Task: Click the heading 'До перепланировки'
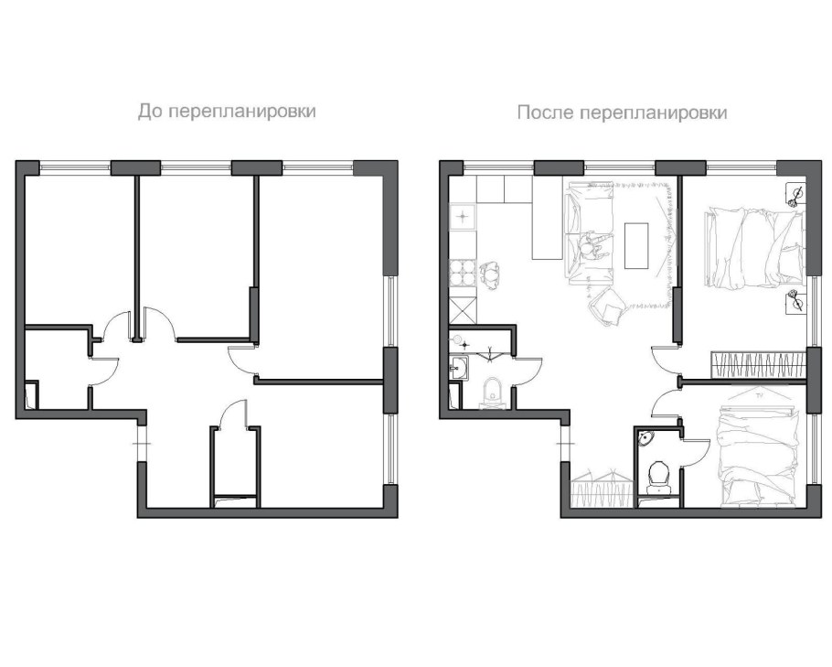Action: pyautogui.click(x=227, y=112)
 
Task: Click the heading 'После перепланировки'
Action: pyautogui.click(x=622, y=113)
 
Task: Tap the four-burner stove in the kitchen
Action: pyautogui.click(x=463, y=273)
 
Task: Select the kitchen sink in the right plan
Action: pyautogui.click(x=463, y=217)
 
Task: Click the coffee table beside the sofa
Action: pyautogui.click(x=636, y=245)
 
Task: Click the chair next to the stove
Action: pyautogui.click(x=491, y=275)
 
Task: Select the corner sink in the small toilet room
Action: pyautogui.click(x=646, y=438)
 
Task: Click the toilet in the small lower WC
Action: pyautogui.click(x=658, y=476)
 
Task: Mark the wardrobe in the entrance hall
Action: pyautogui.click(x=603, y=487)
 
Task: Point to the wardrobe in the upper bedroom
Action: pyautogui.click(x=758, y=365)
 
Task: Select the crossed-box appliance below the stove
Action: pyautogui.click(x=463, y=310)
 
